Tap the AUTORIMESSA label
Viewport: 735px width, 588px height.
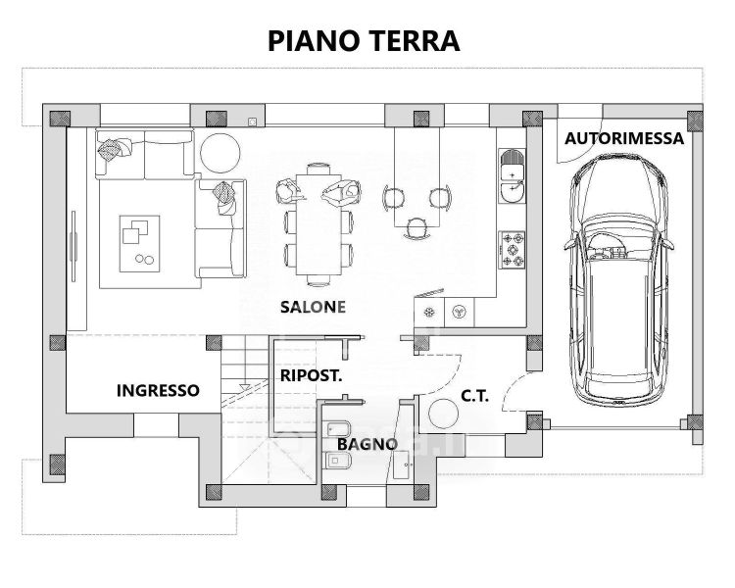tap(624, 138)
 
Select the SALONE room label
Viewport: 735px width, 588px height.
tap(313, 307)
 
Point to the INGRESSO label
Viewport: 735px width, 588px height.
tap(158, 390)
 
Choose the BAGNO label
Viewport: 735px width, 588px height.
tap(367, 444)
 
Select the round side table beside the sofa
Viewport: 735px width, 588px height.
tap(220, 154)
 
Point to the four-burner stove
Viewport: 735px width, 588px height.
tap(513, 249)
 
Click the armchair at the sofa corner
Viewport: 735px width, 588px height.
tap(224, 198)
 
